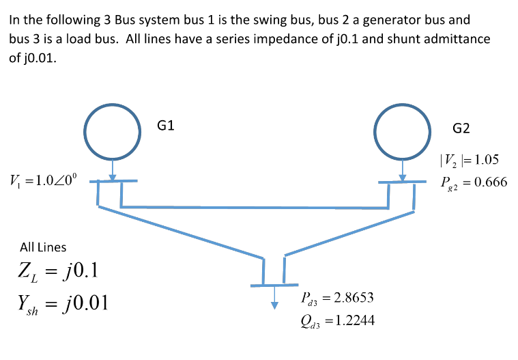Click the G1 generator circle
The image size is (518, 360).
[113, 129]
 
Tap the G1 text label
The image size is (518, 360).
[166, 125]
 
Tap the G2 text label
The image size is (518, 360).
[461, 128]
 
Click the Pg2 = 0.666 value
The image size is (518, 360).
[474, 182]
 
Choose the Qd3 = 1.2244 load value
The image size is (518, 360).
[336, 320]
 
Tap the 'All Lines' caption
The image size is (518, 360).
[43, 247]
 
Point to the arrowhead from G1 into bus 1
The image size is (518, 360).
[113, 177]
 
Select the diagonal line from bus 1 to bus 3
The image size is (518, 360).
[181, 232]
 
